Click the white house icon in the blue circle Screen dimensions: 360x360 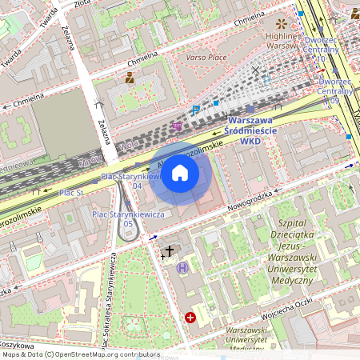click(180, 172)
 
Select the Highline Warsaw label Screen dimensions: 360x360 click(282, 40)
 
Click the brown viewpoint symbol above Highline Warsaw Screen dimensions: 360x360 click(281, 23)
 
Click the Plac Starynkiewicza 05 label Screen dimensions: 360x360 click(128, 218)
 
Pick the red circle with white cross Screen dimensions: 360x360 click(190, 318)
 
